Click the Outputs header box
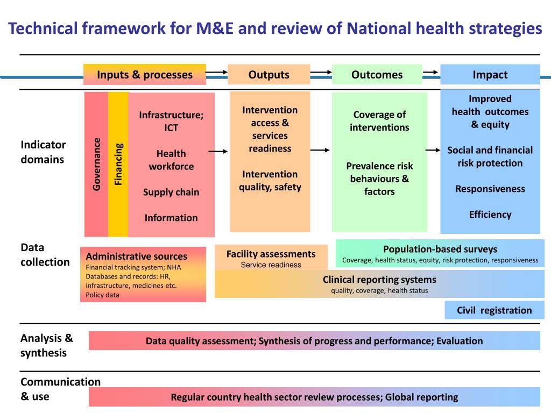269,75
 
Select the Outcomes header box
377,75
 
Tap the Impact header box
490,75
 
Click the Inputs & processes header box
144,75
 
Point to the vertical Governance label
97,164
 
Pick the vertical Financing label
118,164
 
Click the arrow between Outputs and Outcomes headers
321,72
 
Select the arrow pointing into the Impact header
430,72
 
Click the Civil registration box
494,310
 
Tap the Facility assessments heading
271,254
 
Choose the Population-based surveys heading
440,249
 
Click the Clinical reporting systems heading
379,280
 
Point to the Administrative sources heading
137,257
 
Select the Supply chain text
171,192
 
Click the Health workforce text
171,160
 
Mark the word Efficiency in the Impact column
490,215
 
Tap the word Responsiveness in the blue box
490,189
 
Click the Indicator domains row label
43,152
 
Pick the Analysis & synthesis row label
46,346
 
